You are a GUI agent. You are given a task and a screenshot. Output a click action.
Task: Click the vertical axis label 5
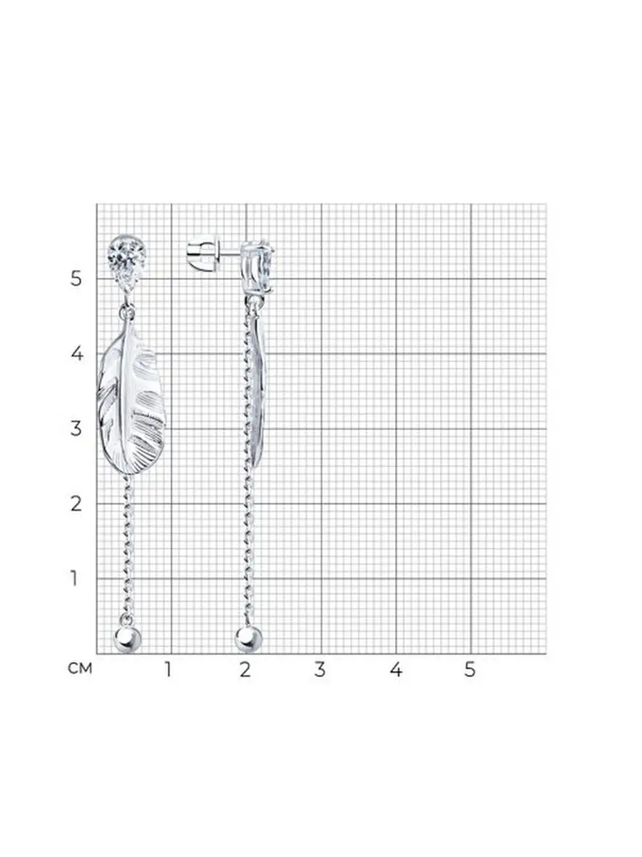(x=76, y=279)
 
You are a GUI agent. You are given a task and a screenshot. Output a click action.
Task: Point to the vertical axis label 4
(x=77, y=354)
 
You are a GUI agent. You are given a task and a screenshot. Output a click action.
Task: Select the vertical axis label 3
(x=76, y=428)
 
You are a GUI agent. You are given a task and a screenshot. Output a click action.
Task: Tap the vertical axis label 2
(x=76, y=503)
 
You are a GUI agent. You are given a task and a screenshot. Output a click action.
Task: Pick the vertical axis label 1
(x=74, y=578)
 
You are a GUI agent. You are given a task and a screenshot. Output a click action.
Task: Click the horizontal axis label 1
(x=168, y=669)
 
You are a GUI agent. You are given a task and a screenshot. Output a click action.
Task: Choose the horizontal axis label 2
(x=245, y=669)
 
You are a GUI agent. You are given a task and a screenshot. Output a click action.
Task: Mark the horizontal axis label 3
(x=320, y=669)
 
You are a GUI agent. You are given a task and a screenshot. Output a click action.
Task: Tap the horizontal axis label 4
(x=396, y=669)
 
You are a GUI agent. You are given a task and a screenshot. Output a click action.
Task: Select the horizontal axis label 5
(x=470, y=669)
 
